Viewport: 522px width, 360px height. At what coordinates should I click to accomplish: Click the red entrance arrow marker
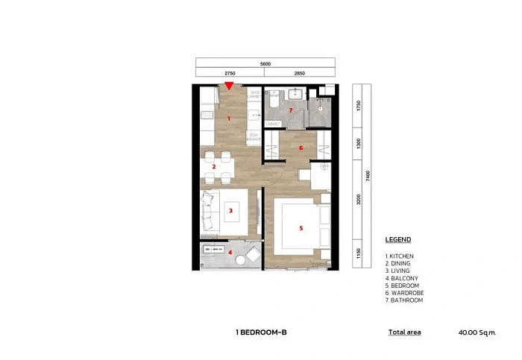click(x=229, y=86)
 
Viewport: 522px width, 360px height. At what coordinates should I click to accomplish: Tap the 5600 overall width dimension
click(x=265, y=64)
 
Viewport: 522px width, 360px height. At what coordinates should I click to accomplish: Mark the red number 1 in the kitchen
click(x=229, y=119)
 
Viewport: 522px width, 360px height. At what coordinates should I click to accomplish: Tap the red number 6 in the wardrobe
click(x=301, y=148)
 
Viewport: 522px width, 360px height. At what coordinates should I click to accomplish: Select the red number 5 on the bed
click(x=301, y=228)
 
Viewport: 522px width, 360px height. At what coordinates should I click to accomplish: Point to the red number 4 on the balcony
click(x=230, y=253)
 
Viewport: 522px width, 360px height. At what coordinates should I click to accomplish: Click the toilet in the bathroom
click(x=274, y=98)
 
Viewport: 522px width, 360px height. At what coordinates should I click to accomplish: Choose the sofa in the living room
click(x=209, y=210)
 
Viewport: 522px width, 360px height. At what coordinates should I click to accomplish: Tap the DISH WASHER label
click(x=254, y=137)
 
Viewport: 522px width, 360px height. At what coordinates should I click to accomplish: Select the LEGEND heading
click(x=397, y=240)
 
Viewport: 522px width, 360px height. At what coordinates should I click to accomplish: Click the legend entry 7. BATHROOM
click(x=404, y=300)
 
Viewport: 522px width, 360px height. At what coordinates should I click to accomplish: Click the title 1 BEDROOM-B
click(x=260, y=332)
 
